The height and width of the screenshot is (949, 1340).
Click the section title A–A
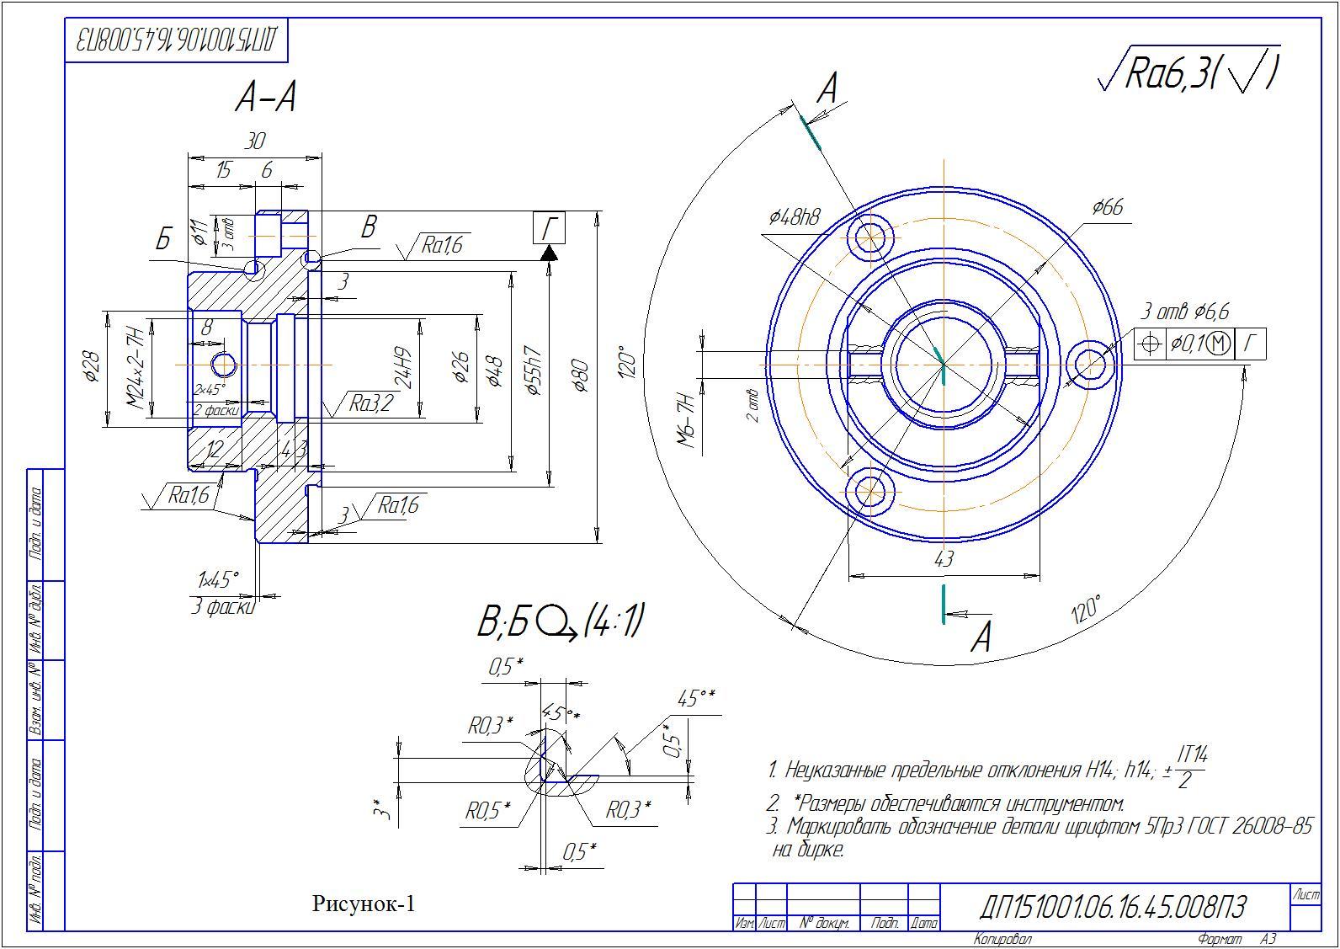pos(266,99)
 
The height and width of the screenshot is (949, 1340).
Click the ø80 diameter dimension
pos(580,376)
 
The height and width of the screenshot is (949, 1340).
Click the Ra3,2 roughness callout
pos(371,404)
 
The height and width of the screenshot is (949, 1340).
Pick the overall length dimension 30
pos(254,141)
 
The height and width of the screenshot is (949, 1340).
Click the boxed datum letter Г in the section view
pos(550,228)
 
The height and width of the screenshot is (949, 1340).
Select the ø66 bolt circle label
pos(1107,207)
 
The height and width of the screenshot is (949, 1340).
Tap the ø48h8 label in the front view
pos(794,217)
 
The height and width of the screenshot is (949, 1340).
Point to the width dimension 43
pos(944,559)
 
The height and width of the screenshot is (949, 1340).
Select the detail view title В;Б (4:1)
pos(560,623)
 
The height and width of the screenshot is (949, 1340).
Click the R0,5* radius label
pos(488,810)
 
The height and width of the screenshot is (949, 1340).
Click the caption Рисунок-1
pos(364,904)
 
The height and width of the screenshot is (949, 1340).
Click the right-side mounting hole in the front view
pos(1090,364)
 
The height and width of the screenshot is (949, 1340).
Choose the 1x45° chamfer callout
pos(218,579)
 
